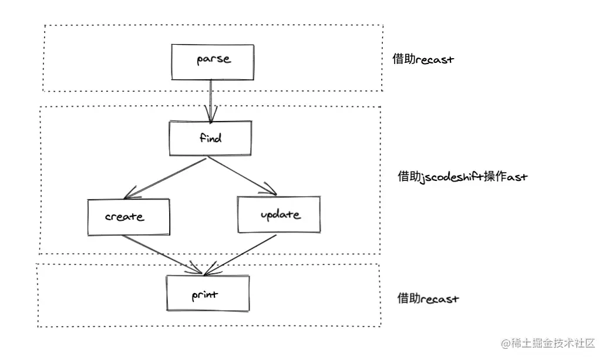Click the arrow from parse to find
pyautogui.click(x=211, y=102)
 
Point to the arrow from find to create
pyautogui.click(x=165, y=179)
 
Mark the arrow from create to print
pyautogui.click(x=162, y=255)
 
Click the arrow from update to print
pyautogui.click(x=240, y=255)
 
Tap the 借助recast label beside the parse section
pyautogui.click(x=423, y=59)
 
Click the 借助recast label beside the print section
pyautogui.click(x=428, y=298)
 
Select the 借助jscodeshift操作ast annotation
pyautogui.click(x=463, y=177)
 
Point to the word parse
pyautogui.click(x=214, y=59)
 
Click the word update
pyautogui.click(x=280, y=214)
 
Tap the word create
pyautogui.click(x=124, y=217)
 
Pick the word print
pyautogui.click(x=205, y=295)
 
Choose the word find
pyautogui.click(x=211, y=137)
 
